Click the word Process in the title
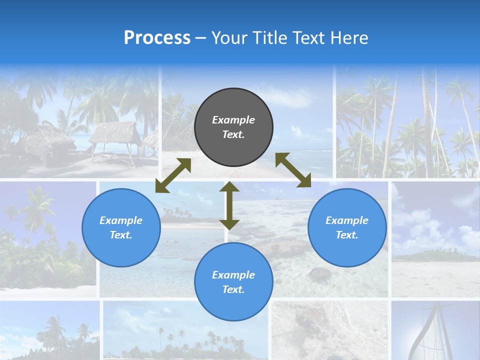(157, 38)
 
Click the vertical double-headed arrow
(229, 205)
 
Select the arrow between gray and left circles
(173, 175)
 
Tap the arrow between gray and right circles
(293, 170)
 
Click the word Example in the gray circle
(233, 120)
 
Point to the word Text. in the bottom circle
(233, 289)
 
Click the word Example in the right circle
(347, 220)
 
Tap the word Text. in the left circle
(121, 235)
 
